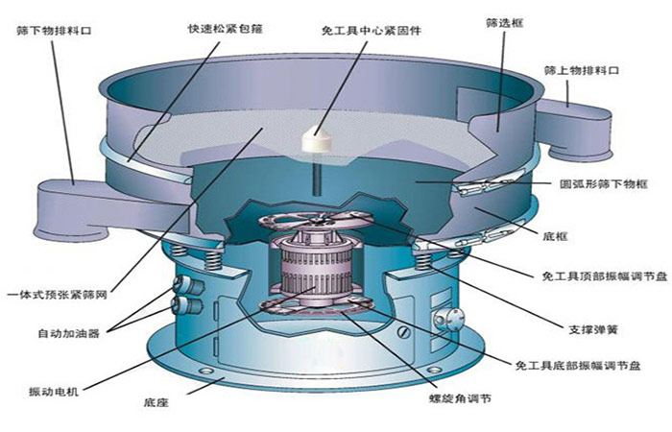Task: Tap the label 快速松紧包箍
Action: coord(225,28)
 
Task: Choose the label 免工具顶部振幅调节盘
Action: coord(598,276)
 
